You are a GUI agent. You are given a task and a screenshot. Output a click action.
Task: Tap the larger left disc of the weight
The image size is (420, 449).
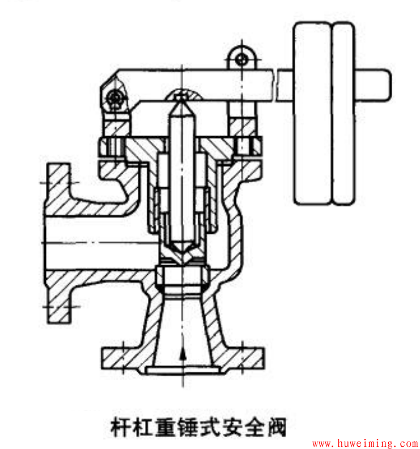[x=313, y=113]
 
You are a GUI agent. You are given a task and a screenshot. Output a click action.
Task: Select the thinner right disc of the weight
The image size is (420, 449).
[x=344, y=113]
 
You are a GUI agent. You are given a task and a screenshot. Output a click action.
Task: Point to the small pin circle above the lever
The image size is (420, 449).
[x=242, y=60]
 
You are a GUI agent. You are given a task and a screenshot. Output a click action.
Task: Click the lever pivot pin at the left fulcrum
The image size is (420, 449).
[x=115, y=98]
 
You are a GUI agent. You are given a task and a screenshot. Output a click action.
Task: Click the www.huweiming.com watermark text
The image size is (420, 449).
[x=366, y=443]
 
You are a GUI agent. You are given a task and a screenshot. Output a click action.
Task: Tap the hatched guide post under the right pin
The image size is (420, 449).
[x=242, y=127]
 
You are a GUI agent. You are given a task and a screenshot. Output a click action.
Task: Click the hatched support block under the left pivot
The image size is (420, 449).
[x=116, y=127]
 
